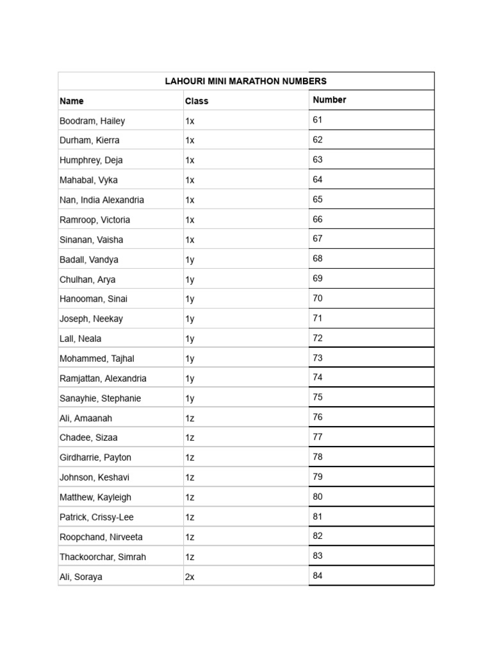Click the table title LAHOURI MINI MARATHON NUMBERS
[x=246, y=81]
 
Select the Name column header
[x=72, y=101]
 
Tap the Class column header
[x=197, y=101]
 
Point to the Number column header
[x=329, y=99]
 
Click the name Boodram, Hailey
[x=92, y=121]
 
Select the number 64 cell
[x=318, y=180]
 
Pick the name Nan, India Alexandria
[x=102, y=200]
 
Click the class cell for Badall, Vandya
[x=190, y=259]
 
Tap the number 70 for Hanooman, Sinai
[x=318, y=298]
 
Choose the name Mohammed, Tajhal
[x=97, y=359]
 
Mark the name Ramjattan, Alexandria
[x=103, y=379]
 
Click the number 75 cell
[x=318, y=397]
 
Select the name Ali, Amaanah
[x=86, y=418]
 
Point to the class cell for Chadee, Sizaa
[x=190, y=438]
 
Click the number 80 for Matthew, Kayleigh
[x=318, y=497]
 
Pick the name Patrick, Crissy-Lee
[x=97, y=517]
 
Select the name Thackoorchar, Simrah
[x=102, y=557]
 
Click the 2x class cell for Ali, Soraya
[x=190, y=577]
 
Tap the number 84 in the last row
[x=318, y=576]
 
